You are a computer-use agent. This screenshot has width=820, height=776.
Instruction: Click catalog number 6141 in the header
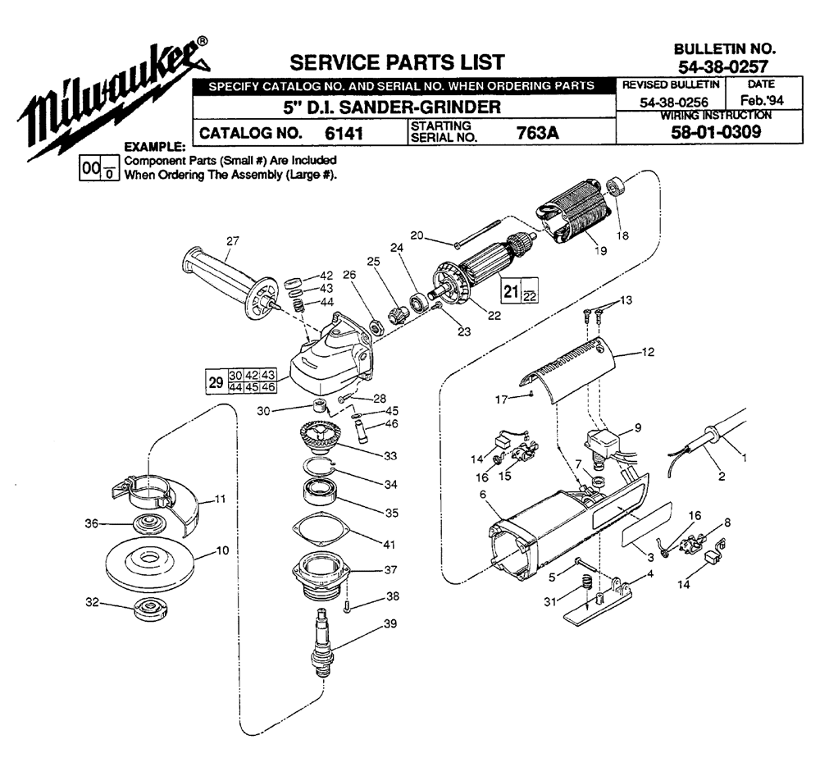[x=344, y=133]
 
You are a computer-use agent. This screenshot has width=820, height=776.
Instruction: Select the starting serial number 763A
[x=538, y=133]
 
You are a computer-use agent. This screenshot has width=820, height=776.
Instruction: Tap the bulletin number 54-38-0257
[x=723, y=66]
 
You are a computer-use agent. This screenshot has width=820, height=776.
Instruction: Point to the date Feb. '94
[x=762, y=100]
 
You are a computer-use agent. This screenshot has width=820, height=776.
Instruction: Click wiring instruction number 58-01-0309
[x=716, y=132]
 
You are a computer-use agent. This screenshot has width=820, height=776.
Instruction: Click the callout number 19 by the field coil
[x=601, y=251]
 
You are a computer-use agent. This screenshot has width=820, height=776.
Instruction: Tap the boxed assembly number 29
[x=216, y=381]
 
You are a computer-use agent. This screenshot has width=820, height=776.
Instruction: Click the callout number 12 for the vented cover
[x=648, y=352]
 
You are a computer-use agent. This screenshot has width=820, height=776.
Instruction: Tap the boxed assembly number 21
[x=511, y=291]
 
